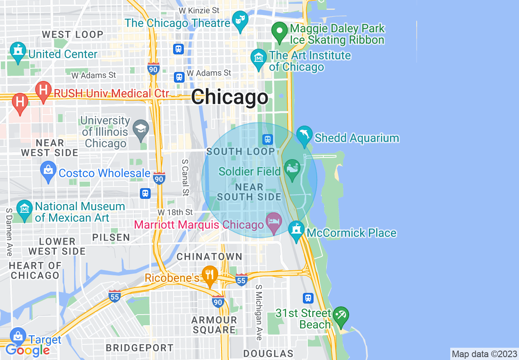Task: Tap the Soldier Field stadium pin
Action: (292, 170)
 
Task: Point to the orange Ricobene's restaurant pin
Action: (210, 275)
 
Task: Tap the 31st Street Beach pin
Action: (341, 316)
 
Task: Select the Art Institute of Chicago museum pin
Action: (259, 59)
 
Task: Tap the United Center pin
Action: (17, 52)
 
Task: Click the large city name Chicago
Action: (230, 97)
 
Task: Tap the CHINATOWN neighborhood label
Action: (209, 256)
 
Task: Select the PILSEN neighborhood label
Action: (111, 237)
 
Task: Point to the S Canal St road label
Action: (185, 178)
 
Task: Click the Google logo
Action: (27, 350)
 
